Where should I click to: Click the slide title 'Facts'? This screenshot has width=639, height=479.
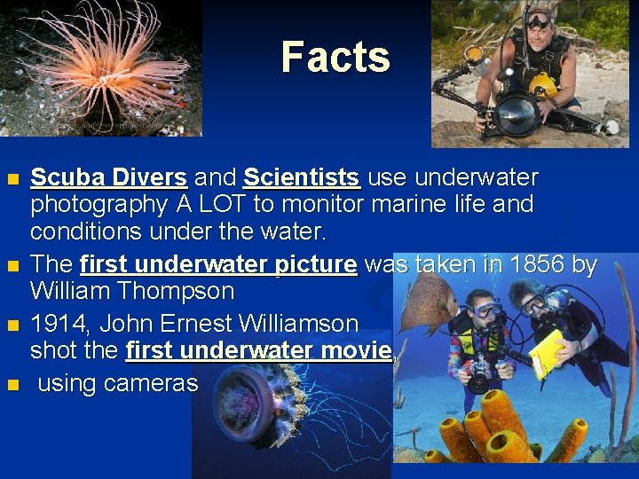(335, 58)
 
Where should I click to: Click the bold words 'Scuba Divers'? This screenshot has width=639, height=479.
(108, 177)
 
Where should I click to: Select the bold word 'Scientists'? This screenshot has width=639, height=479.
(302, 177)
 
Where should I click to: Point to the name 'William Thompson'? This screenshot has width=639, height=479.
(132, 291)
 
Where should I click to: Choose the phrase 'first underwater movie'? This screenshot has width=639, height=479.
(258, 350)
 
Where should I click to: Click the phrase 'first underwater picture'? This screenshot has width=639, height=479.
(218, 264)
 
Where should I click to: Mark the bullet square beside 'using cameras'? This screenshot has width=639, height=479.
(12, 385)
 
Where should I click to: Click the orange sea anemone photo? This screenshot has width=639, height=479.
(98, 67)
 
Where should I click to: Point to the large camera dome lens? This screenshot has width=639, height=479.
(516, 113)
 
